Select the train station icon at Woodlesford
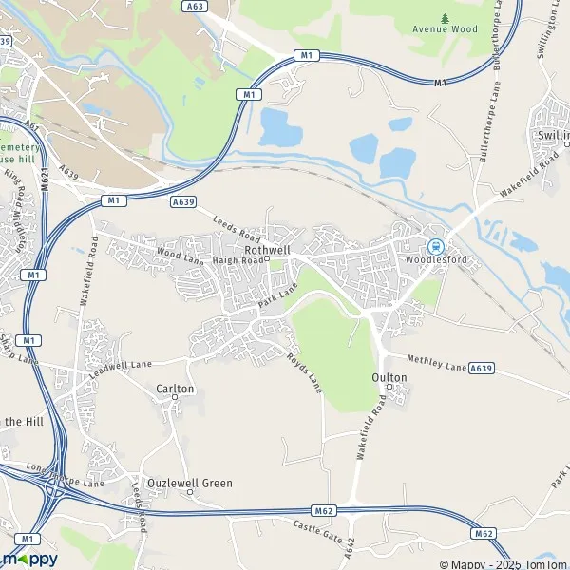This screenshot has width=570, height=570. [x=435, y=244]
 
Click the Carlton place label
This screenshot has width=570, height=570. [x=175, y=389]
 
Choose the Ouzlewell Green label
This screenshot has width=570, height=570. [x=189, y=483]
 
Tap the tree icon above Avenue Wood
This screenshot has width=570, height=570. [x=446, y=17]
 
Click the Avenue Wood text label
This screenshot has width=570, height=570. [x=446, y=29]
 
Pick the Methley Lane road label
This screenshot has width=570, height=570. [x=436, y=361]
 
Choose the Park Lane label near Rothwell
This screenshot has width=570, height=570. [x=276, y=294]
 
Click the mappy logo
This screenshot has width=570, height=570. [x=29, y=559]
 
